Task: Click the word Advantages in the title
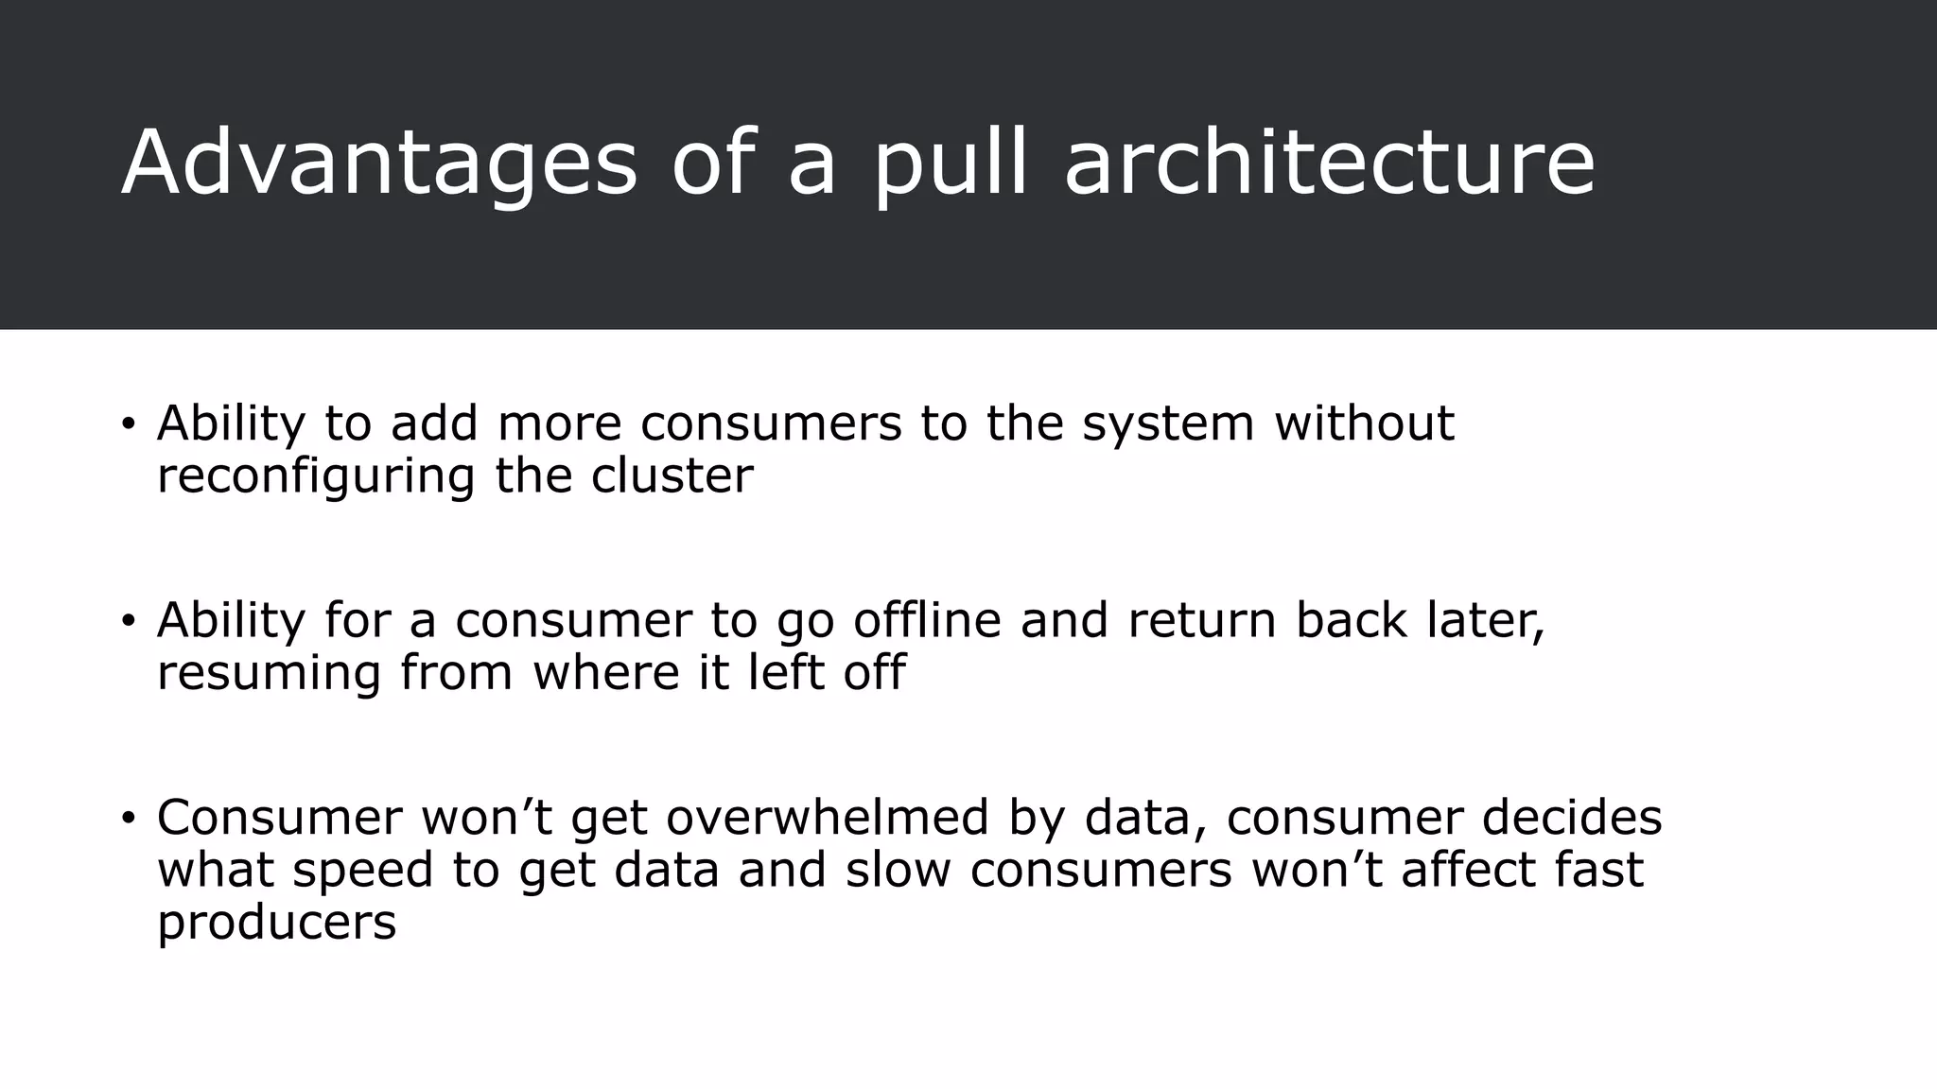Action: [379, 164]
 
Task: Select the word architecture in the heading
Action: [1330, 164]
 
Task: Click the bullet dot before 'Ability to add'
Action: [128, 424]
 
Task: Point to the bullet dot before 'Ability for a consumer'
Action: [128, 622]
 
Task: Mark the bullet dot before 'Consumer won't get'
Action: [128, 819]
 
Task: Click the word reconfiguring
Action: [316, 476]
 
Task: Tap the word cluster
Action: [672, 476]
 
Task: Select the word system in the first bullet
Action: [1168, 424]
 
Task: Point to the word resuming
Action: [269, 674]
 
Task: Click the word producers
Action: [276, 923]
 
